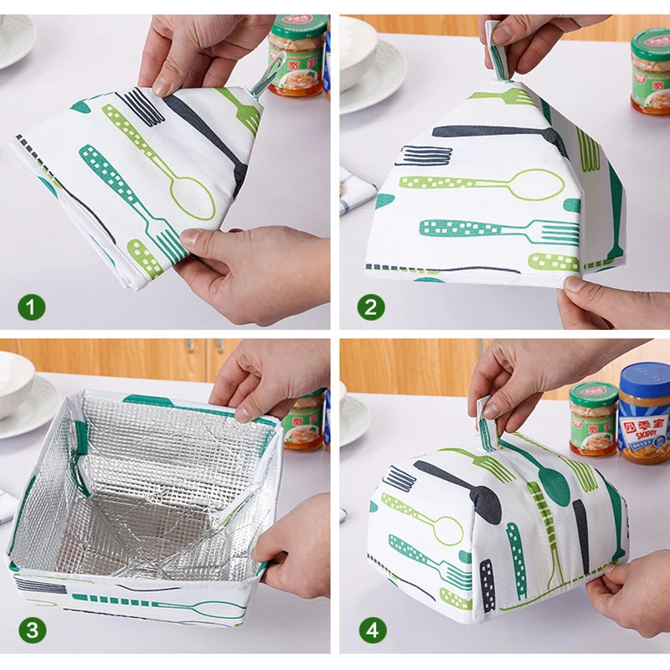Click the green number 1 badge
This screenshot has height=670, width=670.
[33, 307]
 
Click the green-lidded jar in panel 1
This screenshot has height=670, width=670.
[297, 54]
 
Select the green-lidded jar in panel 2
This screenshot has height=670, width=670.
[651, 71]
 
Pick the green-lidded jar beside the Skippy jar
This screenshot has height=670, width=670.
[593, 419]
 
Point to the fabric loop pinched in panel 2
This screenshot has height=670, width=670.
[497, 50]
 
